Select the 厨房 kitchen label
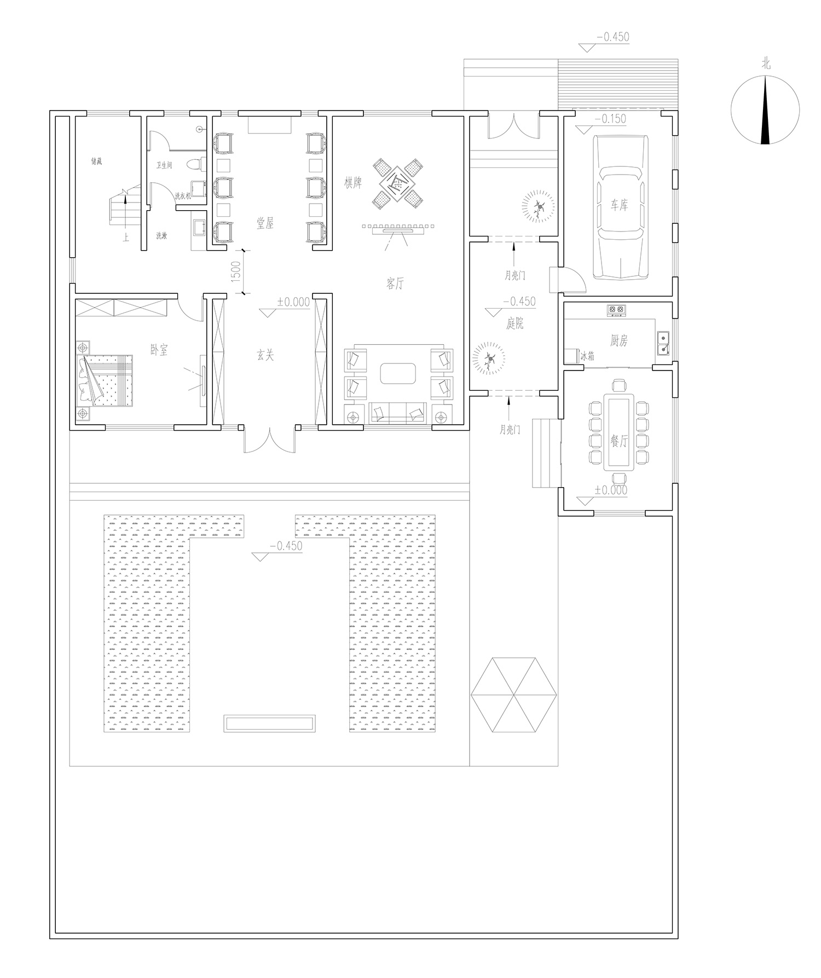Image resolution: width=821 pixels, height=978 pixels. [618, 340]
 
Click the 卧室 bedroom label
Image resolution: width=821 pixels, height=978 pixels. [159, 350]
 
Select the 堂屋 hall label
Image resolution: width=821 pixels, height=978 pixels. [265, 223]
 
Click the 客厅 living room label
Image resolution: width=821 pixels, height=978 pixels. [395, 283]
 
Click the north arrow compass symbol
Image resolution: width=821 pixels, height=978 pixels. [765, 109]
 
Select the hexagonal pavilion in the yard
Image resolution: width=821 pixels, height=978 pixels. [514, 695]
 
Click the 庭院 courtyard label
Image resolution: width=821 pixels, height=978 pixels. [515, 324]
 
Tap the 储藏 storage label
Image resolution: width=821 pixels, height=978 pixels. [96, 161]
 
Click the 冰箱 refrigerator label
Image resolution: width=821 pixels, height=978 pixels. [587, 357]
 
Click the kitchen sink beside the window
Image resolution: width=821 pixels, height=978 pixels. [663, 342]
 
